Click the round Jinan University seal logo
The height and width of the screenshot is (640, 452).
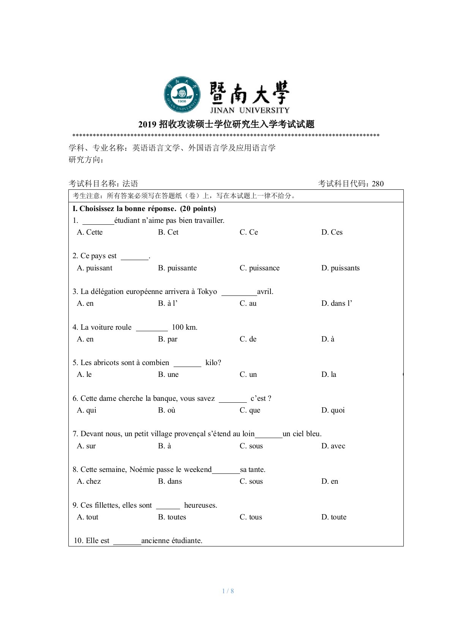pos(182,94)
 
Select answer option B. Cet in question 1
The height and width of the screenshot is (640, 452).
pos(168,232)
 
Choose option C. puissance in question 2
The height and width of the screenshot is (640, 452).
pos(259,268)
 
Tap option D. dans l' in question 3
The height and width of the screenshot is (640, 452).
pos(337,303)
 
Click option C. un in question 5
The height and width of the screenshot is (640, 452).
pos(248,375)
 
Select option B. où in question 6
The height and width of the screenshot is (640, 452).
pos(167,410)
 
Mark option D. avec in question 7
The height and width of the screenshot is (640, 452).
pos(333,446)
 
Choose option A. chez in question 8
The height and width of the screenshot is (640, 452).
pos(89,481)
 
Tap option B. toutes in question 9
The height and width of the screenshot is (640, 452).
pos(172,517)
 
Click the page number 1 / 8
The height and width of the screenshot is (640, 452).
pos(228,591)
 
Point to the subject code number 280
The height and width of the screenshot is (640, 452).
pos(378,184)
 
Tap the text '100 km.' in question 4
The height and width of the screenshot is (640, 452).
pos(185,327)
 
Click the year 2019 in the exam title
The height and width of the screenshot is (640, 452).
pos(147,124)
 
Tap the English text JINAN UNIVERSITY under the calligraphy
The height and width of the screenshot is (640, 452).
pos(250,110)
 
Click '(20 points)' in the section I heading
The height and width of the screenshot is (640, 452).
pos(198,209)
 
